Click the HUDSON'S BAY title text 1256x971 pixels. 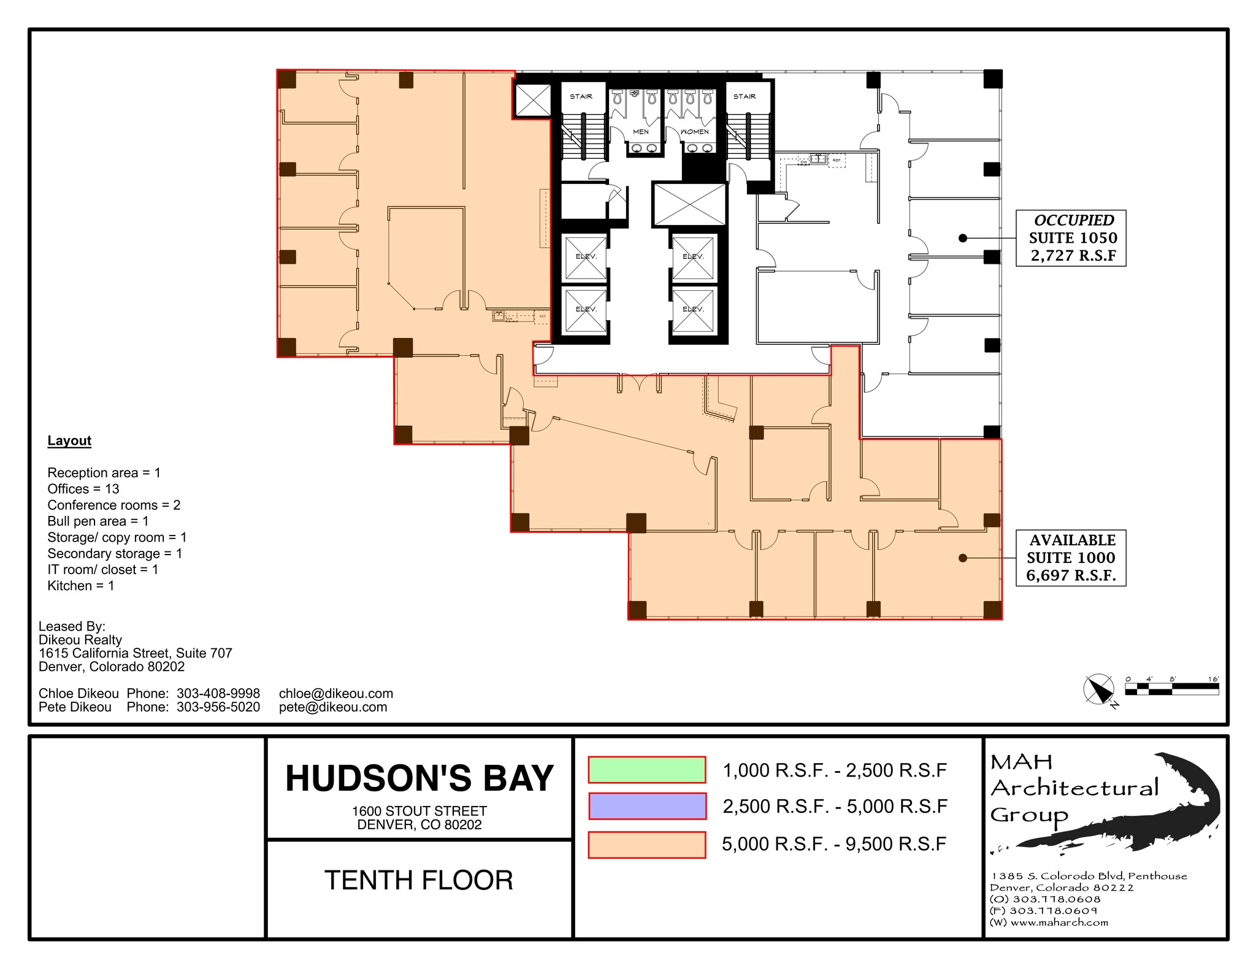point(419,778)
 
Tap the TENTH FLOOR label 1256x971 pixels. point(419,880)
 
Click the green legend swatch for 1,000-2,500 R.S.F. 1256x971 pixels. point(646,770)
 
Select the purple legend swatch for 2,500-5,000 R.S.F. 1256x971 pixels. point(646,806)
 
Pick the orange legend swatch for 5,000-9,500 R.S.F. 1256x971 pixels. point(646,844)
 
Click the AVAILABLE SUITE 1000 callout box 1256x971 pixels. point(1071,558)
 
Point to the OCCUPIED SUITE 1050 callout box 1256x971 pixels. point(1071,238)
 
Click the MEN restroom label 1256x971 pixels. point(641,132)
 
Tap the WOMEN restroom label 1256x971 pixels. point(695,132)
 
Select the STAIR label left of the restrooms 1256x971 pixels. point(581,96)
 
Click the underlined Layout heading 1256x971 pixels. point(69,440)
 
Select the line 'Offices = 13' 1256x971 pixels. point(83,489)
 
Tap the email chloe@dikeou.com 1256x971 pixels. point(335,693)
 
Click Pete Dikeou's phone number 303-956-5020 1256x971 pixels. point(218,707)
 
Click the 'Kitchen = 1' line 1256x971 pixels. point(81,586)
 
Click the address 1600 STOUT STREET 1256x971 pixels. point(419,811)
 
